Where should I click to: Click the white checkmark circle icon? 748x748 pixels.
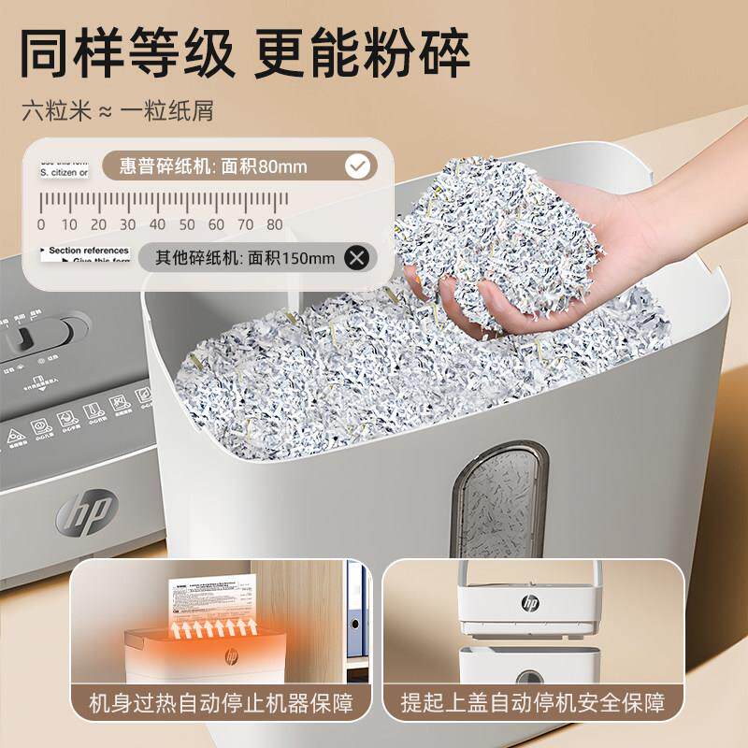pyautogui.click(x=356, y=167)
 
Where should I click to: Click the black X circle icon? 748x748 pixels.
pyautogui.click(x=356, y=257)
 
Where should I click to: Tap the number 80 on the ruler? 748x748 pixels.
pyautogui.click(x=274, y=224)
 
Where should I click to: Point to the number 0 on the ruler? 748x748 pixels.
pyautogui.click(x=40, y=224)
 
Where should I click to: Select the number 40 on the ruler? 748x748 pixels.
pyautogui.click(x=157, y=224)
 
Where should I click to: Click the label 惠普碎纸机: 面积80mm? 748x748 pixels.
pyautogui.click(x=214, y=167)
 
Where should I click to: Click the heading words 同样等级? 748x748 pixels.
pyautogui.click(x=125, y=54)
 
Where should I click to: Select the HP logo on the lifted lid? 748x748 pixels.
pyautogui.click(x=532, y=603)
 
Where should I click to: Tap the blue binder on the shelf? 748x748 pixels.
pyautogui.click(x=356, y=608)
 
